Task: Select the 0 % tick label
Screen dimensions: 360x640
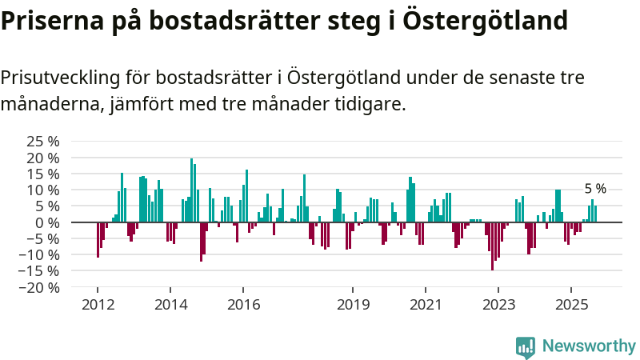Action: click(x=46, y=222)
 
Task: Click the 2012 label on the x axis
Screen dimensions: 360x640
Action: click(x=98, y=304)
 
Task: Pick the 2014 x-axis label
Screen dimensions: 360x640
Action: click(x=170, y=304)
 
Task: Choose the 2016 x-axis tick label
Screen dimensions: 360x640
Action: click(x=243, y=304)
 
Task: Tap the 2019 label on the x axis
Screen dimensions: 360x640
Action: click(x=353, y=304)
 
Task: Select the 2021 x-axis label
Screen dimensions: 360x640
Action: click(x=426, y=304)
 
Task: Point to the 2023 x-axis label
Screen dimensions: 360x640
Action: click(x=498, y=304)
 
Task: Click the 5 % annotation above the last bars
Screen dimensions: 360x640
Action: click(x=595, y=190)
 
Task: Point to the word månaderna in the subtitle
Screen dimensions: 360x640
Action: click(x=50, y=103)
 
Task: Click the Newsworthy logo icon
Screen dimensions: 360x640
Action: click(x=526, y=346)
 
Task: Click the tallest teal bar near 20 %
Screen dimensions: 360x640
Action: click(x=191, y=190)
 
